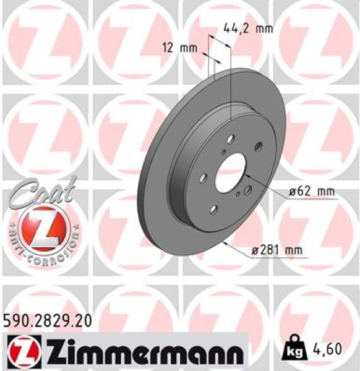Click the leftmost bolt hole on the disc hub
(203, 179)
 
